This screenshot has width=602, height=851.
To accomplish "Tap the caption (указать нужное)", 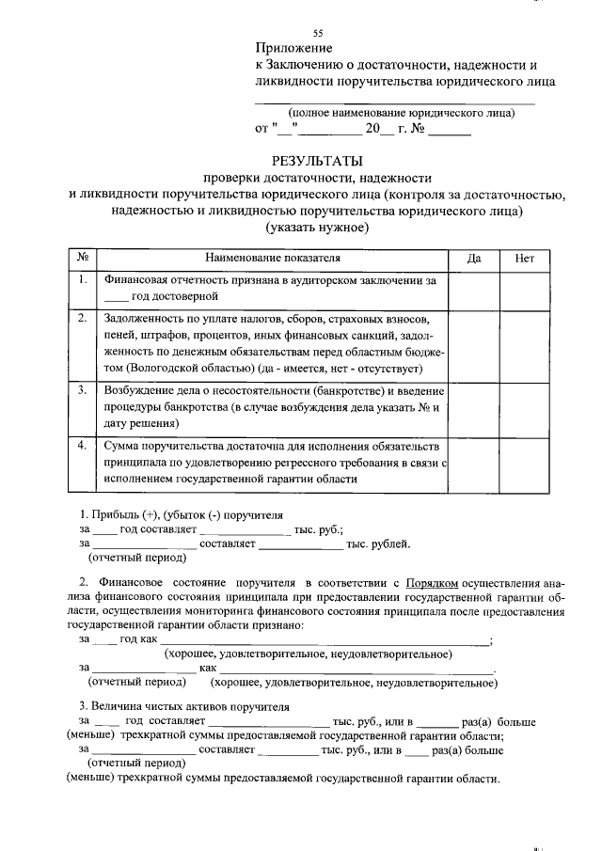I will point(316,228).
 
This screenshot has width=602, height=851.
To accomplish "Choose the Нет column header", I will point(524,257).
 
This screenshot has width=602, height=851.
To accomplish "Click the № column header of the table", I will point(83,257).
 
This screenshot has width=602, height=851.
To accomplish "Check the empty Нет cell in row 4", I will point(524,462).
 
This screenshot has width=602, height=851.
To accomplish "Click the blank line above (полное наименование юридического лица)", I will point(395,102).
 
